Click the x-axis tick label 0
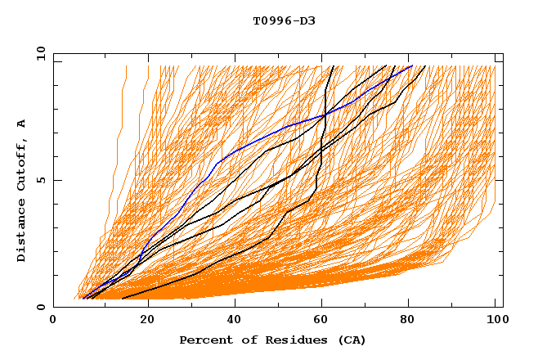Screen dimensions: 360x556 [x=53, y=320]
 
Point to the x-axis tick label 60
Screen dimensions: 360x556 [x=325, y=320]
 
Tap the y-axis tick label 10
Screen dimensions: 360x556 [x=39, y=54]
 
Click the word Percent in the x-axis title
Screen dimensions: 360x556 [x=203, y=340]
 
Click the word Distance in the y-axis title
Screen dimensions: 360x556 [x=22, y=232]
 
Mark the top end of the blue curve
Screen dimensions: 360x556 [x=412, y=66]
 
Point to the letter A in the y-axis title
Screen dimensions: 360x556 [x=22, y=124]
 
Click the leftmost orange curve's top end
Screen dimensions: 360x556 [x=127, y=66]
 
